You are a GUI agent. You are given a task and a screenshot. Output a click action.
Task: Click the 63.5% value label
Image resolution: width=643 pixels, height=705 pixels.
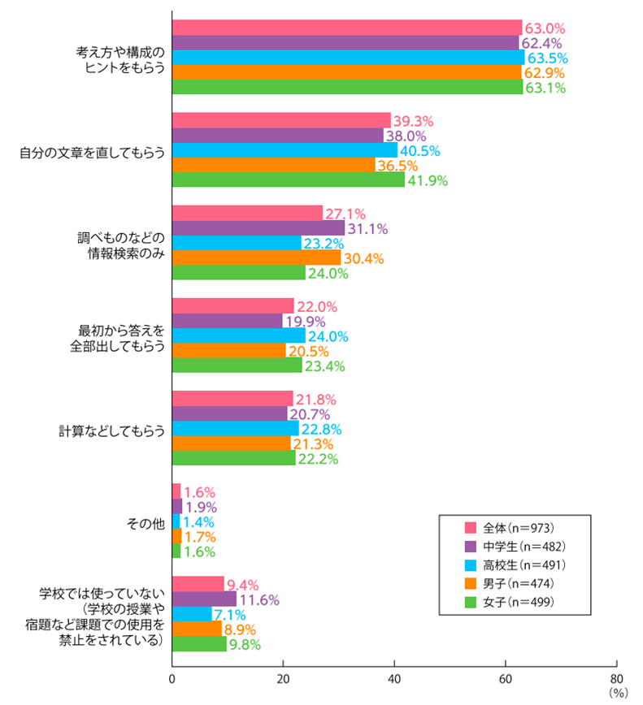click(546, 58)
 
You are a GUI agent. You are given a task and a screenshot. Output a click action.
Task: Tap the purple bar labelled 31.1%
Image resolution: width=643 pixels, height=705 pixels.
click(259, 228)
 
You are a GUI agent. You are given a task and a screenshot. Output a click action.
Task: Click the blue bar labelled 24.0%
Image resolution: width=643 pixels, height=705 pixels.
click(239, 335)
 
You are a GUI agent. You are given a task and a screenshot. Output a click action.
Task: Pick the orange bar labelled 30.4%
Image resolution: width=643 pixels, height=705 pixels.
click(256, 258)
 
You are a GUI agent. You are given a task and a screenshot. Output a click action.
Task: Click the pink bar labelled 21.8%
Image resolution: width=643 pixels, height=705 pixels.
click(232, 398)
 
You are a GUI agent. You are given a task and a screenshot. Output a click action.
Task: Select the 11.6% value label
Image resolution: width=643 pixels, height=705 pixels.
click(259, 600)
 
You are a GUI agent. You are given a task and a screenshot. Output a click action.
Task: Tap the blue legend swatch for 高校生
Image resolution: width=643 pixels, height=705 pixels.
click(469, 564)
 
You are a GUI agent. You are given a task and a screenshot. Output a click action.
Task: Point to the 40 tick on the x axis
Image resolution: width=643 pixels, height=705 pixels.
click(395, 678)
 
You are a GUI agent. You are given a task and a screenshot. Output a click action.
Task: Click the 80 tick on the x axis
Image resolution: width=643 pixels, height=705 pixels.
click(617, 678)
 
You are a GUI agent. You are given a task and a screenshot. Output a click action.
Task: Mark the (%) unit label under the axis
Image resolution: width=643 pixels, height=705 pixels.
click(618, 693)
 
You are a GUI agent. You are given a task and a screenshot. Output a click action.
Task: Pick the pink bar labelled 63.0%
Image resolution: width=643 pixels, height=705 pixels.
click(347, 28)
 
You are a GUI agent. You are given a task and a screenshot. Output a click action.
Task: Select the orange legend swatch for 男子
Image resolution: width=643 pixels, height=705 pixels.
click(469, 583)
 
